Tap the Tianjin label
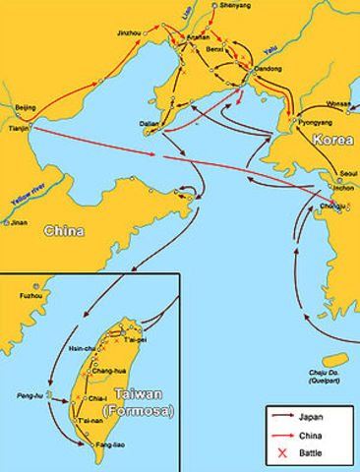tap(18, 128)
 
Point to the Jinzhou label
tap(129, 32)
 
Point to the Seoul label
tap(346, 173)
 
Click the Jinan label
tap(18, 223)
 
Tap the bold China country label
tap(63, 231)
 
